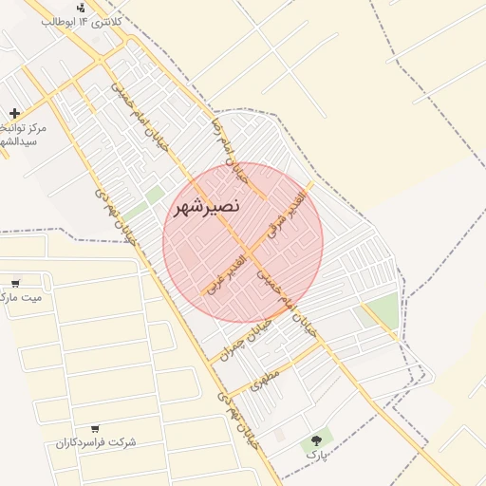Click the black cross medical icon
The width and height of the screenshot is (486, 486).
14,113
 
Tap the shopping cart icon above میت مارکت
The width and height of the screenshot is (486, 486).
15,283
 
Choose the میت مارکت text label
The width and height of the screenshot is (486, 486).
24,297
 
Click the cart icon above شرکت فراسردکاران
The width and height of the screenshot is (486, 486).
95,429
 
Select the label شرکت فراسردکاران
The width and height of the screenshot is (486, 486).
96,443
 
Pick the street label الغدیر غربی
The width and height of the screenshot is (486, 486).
224,271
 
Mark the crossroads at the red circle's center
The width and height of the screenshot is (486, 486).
243,242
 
